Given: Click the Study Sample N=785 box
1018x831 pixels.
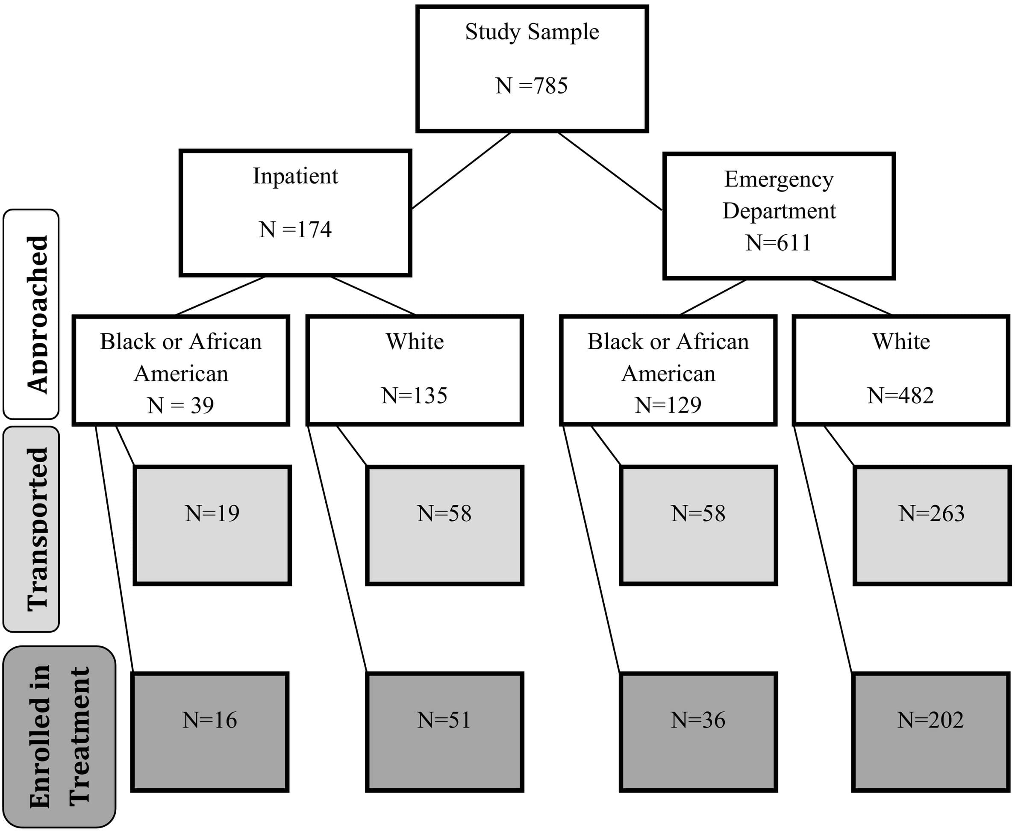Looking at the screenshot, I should [x=532, y=68].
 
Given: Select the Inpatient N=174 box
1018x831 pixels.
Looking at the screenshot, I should [x=295, y=212].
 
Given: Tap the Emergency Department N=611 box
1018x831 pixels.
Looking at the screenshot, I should [x=779, y=215].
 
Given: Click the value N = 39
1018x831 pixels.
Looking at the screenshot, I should [x=180, y=405].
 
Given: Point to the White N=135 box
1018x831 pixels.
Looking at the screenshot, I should [x=415, y=370].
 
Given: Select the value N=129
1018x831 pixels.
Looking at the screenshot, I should [x=668, y=405].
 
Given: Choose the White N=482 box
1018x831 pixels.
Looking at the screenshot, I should [x=901, y=370].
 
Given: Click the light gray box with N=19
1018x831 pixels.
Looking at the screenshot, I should [x=212, y=525].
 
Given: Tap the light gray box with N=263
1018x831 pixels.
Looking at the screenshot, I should [x=931, y=525].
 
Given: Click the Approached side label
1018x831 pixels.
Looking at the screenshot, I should [x=32, y=314].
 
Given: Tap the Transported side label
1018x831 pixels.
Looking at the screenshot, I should [x=32, y=529].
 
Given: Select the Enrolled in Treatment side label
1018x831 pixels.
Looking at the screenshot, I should [x=59, y=736].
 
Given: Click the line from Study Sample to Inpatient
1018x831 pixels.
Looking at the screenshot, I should [x=460, y=171].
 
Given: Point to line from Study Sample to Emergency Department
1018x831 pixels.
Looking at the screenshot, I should [x=610, y=171].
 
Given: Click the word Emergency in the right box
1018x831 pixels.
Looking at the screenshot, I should [x=779, y=180].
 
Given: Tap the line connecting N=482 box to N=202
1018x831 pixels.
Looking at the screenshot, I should [x=823, y=551].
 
